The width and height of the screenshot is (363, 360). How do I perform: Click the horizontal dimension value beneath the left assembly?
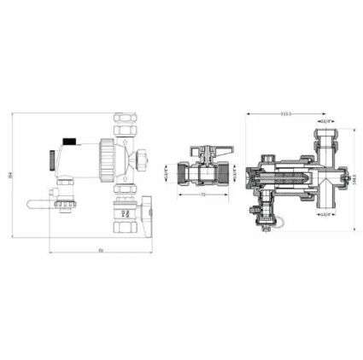(x=101, y=250)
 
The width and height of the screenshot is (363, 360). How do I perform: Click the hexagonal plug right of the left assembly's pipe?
(x=147, y=158)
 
